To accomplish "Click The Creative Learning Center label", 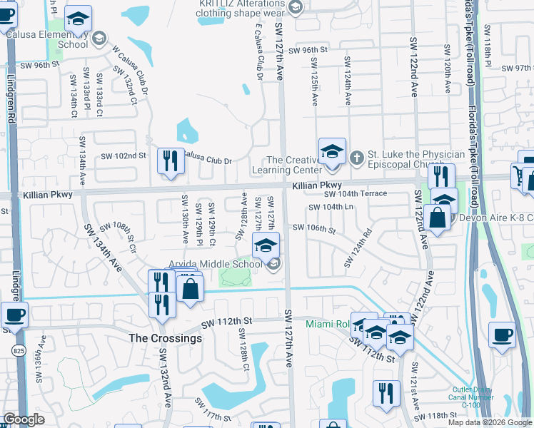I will click(294, 165).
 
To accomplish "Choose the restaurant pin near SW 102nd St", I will click(171, 162).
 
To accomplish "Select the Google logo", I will click(24, 419).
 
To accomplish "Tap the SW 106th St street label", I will click(314, 229).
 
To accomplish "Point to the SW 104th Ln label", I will click(331, 208).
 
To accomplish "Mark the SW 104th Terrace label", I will click(355, 194).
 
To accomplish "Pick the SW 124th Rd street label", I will click(358, 248).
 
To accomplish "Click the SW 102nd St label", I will click(123, 156).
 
